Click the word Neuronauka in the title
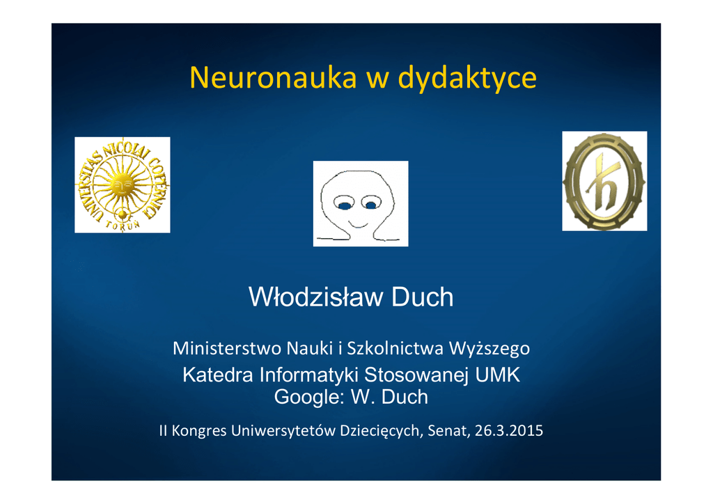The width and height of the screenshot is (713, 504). point(273,77)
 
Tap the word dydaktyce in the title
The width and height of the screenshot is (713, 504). point(467,78)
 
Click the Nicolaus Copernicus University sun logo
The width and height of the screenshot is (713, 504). point(123,185)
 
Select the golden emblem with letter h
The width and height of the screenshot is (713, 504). point(604,181)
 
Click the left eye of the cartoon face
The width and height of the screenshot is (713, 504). point(344,203)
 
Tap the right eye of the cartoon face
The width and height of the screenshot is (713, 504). point(372,203)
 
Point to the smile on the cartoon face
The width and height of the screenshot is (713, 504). point(357,223)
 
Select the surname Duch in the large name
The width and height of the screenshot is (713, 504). point(423,297)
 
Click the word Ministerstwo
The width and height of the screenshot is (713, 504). point(227,349)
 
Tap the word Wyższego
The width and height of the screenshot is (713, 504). point(489,349)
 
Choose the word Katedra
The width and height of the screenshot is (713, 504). point(218,375)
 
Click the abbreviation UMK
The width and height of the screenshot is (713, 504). point(497,375)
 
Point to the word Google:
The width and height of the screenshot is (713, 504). point(309,397)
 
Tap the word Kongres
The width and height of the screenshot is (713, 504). point(199,431)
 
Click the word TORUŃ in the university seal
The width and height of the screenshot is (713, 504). point(123,225)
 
